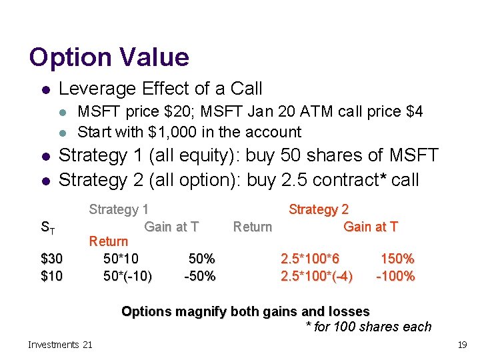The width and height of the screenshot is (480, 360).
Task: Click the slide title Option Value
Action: pyautogui.click(x=109, y=57)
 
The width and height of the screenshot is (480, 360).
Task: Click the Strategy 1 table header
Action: pyautogui.click(x=119, y=209)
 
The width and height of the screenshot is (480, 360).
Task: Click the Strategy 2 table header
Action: pyautogui.click(x=318, y=209)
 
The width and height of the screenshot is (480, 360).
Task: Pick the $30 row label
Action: pyautogui.click(x=52, y=259)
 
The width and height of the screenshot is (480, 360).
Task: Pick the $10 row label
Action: pyautogui.click(x=52, y=275)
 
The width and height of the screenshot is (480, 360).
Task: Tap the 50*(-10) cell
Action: pyautogui.click(x=127, y=275)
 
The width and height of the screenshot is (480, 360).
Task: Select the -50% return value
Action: pyautogui.click(x=199, y=275)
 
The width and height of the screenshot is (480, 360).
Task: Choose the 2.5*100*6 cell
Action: pyautogui.click(x=310, y=259)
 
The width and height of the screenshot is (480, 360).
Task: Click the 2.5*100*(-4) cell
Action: pyautogui.click(x=317, y=275)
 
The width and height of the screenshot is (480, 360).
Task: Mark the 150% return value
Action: pyautogui.click(x=397, y=259)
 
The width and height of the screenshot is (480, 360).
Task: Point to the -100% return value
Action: pyautogui.click(x=395, y=275)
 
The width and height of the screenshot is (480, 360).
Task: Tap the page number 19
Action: pyautogui.click(x=461, y=345)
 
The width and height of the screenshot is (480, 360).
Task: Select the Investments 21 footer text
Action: pyautogui.click(x=61, y=345)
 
